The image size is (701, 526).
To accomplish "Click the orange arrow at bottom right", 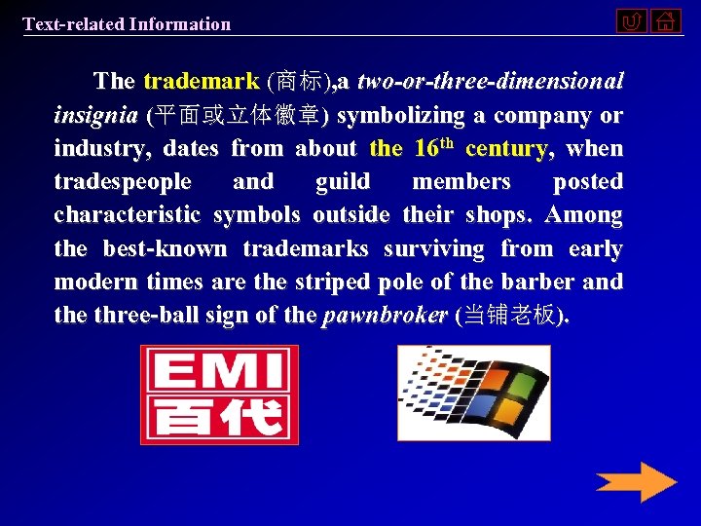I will pyautogui.click(x=636, y=482).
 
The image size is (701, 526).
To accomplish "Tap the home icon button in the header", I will pyautogui.click(x=666, y=20).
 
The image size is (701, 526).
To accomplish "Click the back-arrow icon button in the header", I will pyautogui.click(x=632, y=20).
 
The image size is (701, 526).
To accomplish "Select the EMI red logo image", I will pyautogui.click(x=219, y=394).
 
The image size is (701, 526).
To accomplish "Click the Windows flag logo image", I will pyautogui.click(x=474, y=393).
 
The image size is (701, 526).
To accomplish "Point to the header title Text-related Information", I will pyautogui.click(x=127, y=24).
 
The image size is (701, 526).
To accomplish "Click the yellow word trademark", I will pyautogui.click(x=201, y=82).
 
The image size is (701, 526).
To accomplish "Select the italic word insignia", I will pyautogui.click(x=95, y=116).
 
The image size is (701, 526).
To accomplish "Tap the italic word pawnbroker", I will pyautogui.click(x=385, y=316).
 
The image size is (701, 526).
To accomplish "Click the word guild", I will pyautogui.click(x=343, y=182).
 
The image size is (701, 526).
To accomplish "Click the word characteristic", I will pyautogui.click(x=127, y=215).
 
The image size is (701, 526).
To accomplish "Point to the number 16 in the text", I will pyautogui.click(x=424, y=149).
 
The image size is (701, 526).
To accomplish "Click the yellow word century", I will pyautogui.click(x=506, y=149).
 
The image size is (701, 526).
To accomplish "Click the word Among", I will pyautogui.click(x=584, y=215).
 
